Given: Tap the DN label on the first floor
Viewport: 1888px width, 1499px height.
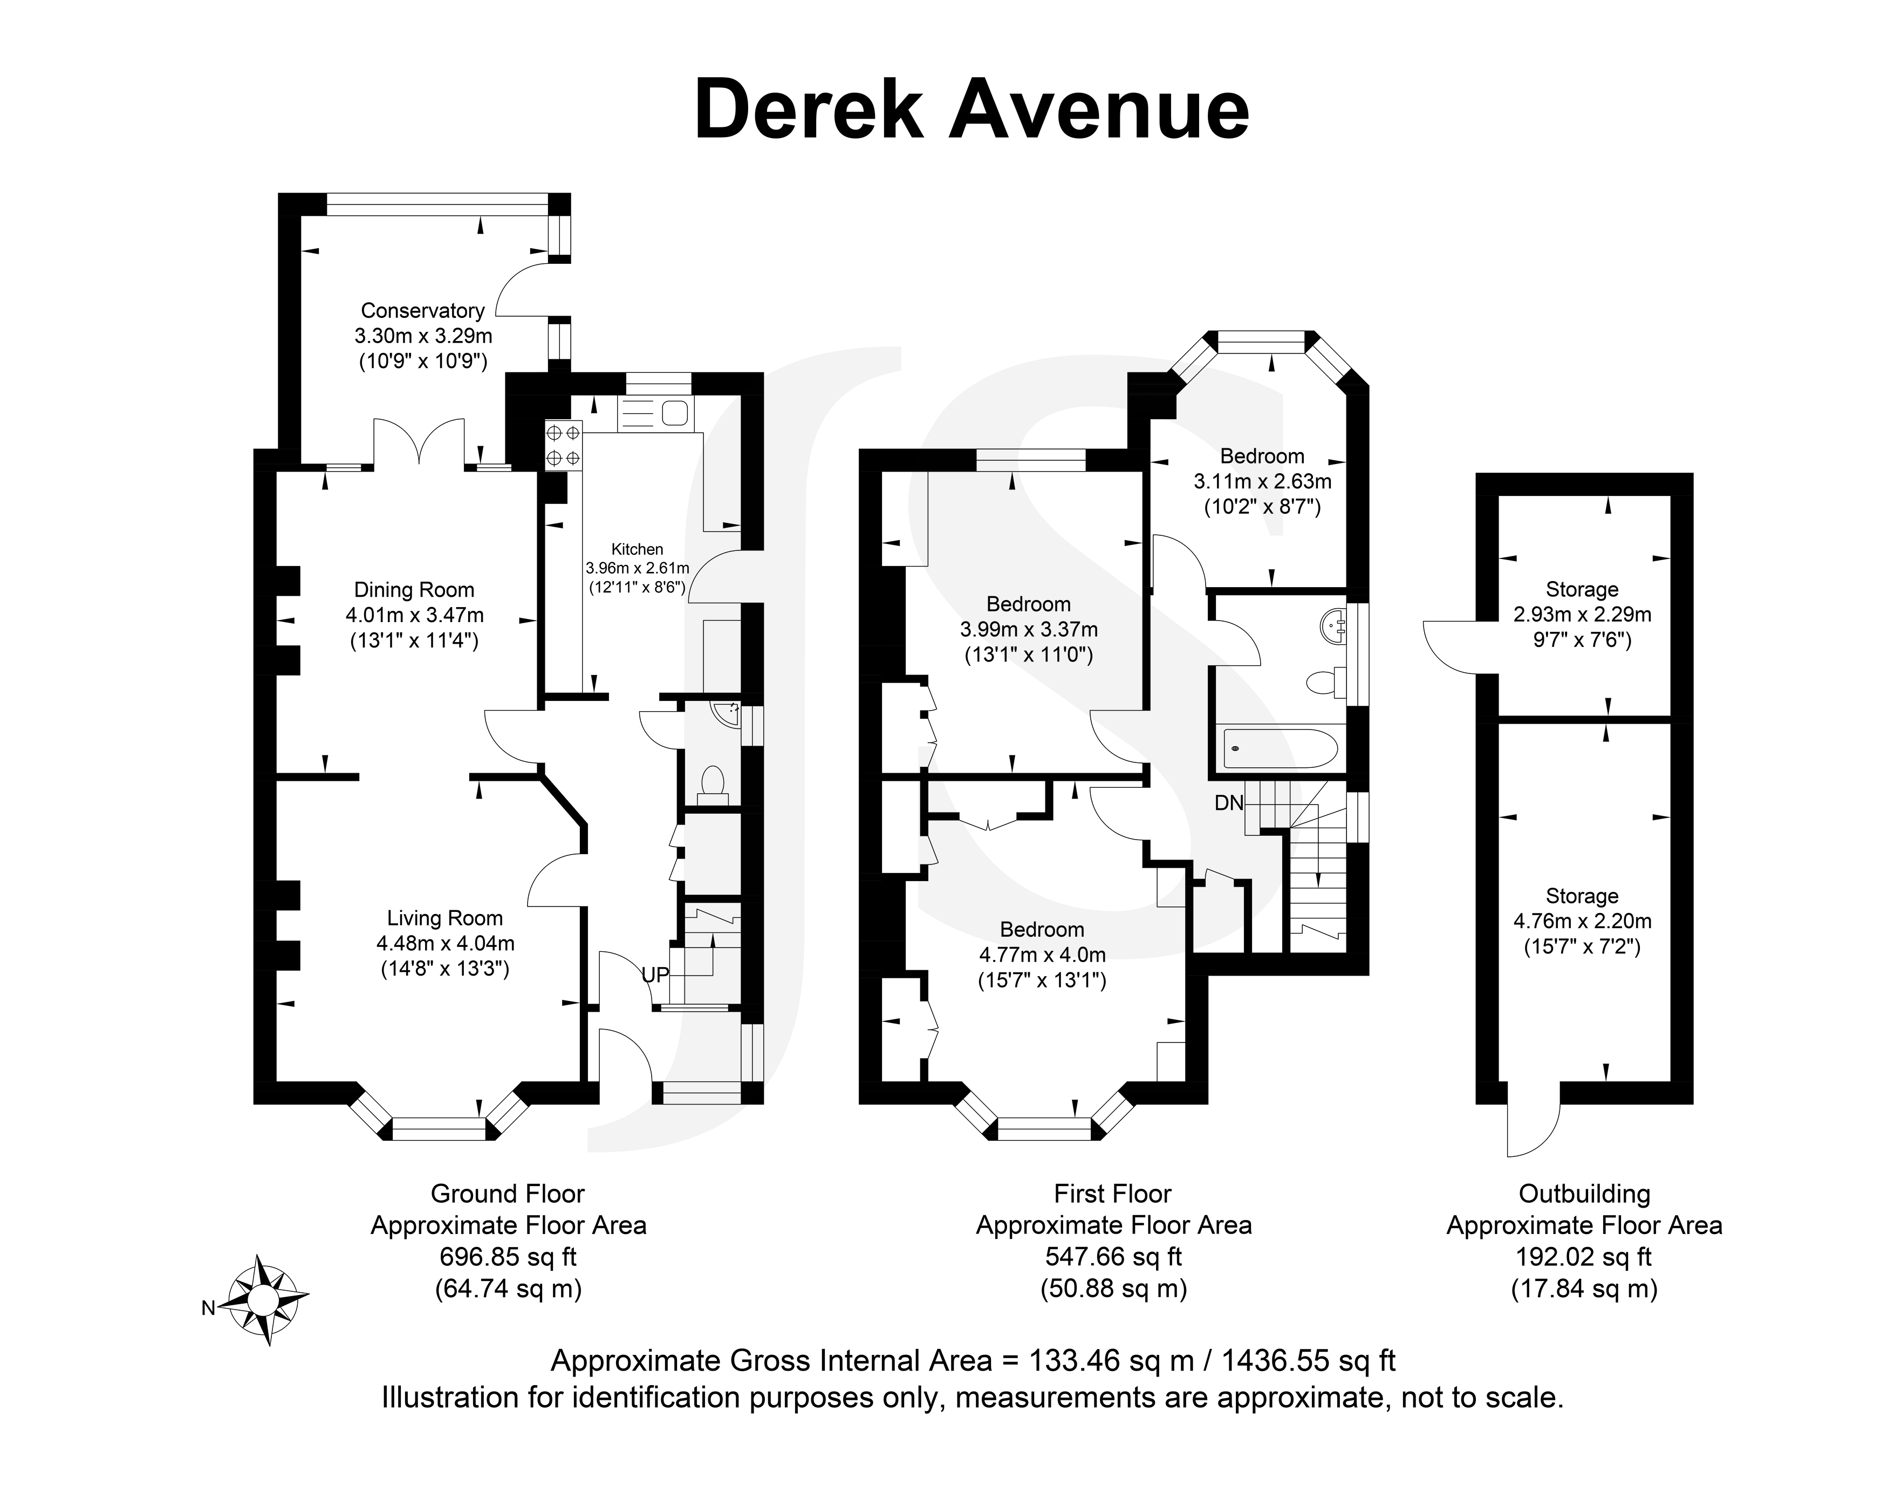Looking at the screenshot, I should tap(1229, 802).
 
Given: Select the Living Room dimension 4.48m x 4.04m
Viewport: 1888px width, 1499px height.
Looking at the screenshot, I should tap(445, 944).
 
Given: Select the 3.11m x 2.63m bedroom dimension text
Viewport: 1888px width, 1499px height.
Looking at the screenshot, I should tap(1262, 481).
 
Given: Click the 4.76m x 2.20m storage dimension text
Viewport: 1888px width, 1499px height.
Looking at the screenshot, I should tap(1582, 921).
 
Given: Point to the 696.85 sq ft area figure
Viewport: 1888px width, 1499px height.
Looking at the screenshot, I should tap(508, 1257).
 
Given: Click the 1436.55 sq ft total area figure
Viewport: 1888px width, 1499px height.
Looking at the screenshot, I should tap(1308, 1360).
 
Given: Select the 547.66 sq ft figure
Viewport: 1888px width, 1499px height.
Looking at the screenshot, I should tap(1113, 1257).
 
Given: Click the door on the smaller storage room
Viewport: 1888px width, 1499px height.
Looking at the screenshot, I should tap(1450, 646).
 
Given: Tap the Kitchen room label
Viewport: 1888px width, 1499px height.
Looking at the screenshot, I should tap(637, 549).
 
